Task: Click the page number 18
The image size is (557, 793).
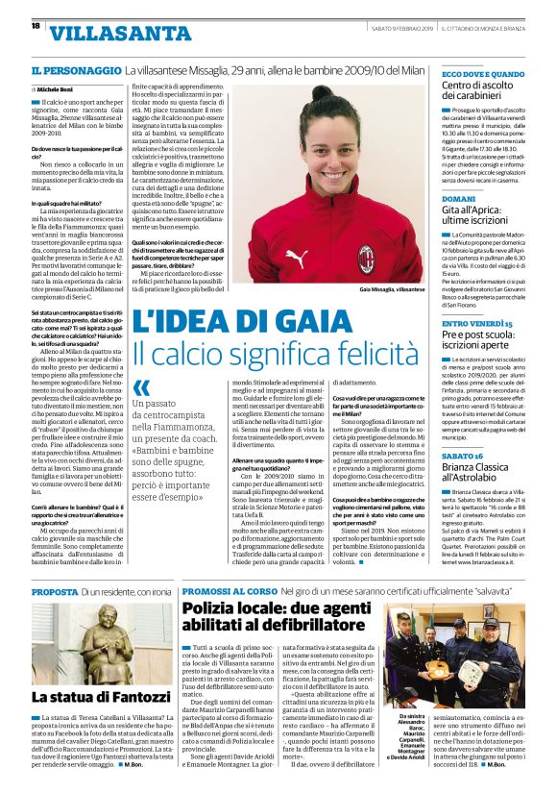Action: tap(36, 26)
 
